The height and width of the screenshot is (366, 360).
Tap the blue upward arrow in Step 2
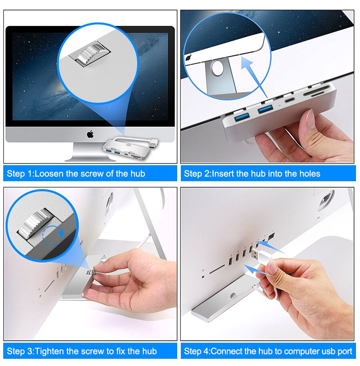pos(256,78)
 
